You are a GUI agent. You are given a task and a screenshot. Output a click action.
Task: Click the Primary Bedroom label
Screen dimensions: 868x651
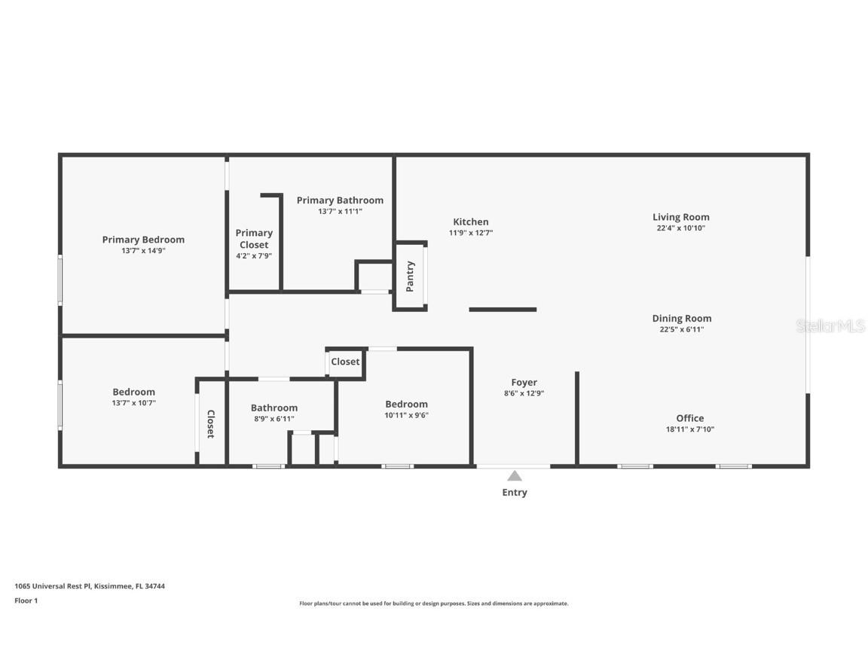pyautogui.click(x=143, y=240)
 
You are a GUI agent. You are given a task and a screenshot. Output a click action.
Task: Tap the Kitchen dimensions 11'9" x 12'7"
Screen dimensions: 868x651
pyautogui.click(x=470, y=233)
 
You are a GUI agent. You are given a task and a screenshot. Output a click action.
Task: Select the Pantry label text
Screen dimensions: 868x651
pyautogui.click(x=410, y=277)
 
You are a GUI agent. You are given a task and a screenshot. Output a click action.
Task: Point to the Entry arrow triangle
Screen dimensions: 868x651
pyautogui.click(x=515, y=475)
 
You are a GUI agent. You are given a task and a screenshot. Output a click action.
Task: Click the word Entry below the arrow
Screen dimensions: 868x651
pyautogui.click(x=515, y=493)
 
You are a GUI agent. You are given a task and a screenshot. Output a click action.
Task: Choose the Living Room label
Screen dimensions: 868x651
pyautogui.click(x=681, y=217)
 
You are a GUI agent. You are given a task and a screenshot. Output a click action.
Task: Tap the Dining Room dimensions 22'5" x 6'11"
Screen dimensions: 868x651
pyautogui.click(x=681, y=329)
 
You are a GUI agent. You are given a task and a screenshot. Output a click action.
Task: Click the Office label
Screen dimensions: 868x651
pyautogui.click(x=689, y=418)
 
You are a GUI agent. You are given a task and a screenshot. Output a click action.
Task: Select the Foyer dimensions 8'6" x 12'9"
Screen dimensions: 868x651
pyautogui.click(x=524, y=393)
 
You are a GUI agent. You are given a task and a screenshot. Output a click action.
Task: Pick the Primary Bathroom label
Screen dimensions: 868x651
pyautogui.click(x=340, y=200)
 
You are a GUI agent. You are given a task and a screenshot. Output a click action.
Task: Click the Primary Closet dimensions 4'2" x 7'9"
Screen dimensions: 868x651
pyautogui.click(x=253, y=255)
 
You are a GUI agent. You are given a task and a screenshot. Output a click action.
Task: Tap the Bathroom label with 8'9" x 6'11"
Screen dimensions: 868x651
pyautogui.click(x=274, y=408)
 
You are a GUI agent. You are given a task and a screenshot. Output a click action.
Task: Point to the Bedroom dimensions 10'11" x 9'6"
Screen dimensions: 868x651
pyautogui.click(x=406, y=415)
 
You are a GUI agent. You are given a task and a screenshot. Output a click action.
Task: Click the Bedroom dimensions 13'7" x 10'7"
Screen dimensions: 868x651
pyautogui.click(x=133, y=403)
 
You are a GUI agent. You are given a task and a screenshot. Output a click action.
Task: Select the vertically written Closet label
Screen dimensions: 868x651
pyautogui.click(x=210, y=424)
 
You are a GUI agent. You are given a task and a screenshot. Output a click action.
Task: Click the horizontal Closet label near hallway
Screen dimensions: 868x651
pyautogui.click(x=345, y=362)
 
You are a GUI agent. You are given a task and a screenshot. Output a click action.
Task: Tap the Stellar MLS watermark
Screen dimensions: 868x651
pyautogui.click(x=830, y=326)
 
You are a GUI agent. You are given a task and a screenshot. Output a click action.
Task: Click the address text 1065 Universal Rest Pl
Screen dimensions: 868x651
pyautogui.click(x=53, y=586)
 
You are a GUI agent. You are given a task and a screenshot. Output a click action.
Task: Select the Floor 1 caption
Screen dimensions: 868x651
pyautogui.click(x=26, y=601)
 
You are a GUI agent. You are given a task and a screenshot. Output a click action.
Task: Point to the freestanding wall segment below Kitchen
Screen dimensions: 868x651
pyautogui.click(x=503, y=310)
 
